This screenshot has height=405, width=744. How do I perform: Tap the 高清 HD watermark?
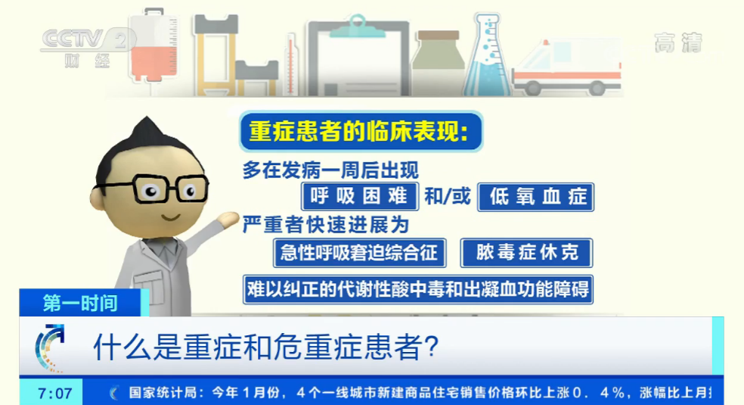click(x=677, y=42)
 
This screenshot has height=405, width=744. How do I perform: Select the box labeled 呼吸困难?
click(x=359, y=197)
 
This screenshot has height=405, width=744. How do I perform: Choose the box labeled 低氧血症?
click(x=536, y=197)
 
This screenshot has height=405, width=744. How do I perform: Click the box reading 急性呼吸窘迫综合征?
click(x=359, y=253)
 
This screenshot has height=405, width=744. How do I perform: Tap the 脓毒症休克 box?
click(x=526, y=253)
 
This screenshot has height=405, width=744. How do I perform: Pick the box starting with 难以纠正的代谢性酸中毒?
click(x=417, y=290)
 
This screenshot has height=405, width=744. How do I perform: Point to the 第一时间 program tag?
click(x=80, y=303)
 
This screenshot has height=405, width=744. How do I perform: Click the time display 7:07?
click(x=55, y=394)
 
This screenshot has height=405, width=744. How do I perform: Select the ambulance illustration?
click(x=566, y=68)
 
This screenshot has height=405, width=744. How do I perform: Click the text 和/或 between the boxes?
click(x=447, y=198)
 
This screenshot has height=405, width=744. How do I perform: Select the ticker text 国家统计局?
click(x=162, y=393)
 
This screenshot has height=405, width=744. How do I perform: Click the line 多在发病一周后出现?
click(x=330, y=170)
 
